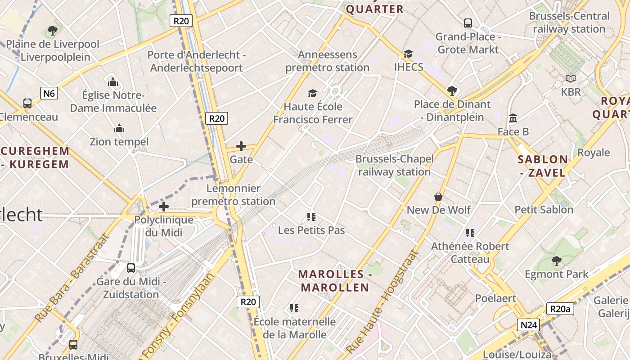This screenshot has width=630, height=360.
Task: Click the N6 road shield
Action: (x=49, y=93)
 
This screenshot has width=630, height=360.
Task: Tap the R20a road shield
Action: (x=560, y=309)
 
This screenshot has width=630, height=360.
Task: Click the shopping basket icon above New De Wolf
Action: (x=438, y=197)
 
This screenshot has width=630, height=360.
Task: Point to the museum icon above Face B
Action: (x=513, y=118)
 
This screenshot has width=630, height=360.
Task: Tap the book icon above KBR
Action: (x=571, y=79)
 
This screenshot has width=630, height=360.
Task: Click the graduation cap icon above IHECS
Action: (x=408, y=54)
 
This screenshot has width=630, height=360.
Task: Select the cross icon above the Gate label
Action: (x=241, y=146)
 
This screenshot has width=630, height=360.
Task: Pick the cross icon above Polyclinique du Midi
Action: (x=164, y=207)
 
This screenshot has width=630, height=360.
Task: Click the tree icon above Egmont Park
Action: (x=557, y=261)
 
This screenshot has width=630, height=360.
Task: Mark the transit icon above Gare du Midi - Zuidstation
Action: (x=131, y=268)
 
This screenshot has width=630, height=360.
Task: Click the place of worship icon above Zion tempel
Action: (x=119, y=129)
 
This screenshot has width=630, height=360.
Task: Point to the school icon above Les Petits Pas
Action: (x=311, y=217)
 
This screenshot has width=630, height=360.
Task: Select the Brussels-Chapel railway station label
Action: (x=395, y=165)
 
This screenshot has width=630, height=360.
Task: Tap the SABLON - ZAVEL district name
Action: (x=543, y=166)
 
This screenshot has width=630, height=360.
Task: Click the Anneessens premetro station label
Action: (x=327, y=61)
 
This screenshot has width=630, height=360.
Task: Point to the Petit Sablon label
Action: (x=544, y=210)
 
